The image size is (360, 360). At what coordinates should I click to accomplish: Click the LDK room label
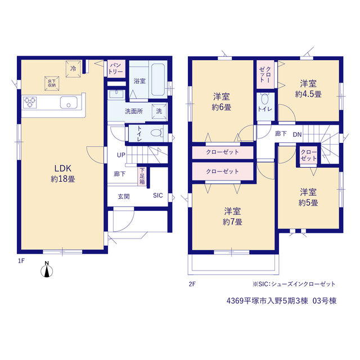(63, 168)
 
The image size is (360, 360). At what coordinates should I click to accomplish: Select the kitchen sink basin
(69, 102)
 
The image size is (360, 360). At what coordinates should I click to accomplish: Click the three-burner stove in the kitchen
(30, 102)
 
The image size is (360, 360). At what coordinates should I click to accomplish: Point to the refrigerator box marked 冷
(73, 69)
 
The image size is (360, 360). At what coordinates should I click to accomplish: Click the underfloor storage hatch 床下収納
(52, 83)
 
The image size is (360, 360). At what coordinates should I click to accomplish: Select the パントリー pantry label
(116, 69)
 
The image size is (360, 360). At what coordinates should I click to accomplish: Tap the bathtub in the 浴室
(158, 79)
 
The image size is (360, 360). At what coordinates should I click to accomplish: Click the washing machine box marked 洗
(159, 111)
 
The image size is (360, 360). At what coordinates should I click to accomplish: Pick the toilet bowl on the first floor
(157, 133)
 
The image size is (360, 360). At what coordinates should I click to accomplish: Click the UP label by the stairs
(121, 155)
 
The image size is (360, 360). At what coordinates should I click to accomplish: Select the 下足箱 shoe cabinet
(142, 176)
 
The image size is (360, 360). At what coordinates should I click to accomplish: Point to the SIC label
(158, 195)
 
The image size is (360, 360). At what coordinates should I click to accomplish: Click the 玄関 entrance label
(124, 196)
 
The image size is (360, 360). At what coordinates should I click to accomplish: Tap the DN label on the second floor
(297, 134)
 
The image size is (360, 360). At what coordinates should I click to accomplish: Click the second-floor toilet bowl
(265, 99)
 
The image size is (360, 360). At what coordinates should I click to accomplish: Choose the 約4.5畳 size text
(308, 94)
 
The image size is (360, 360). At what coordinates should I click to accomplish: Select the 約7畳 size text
(232, 222)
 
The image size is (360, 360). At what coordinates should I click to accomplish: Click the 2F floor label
(192, 284)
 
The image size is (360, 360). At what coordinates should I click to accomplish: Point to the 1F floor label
(21, 261)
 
